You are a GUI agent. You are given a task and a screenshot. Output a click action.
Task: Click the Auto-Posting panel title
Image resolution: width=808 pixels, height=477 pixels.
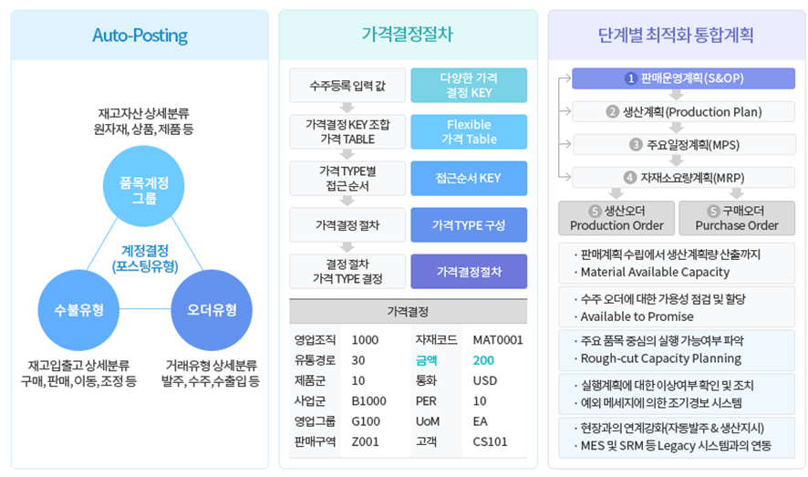pos(140,36)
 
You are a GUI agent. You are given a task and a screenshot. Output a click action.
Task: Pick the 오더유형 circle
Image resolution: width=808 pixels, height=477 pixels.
pos(212,309)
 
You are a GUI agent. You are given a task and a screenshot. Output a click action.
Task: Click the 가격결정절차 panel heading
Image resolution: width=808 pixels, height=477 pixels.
pos(407,36)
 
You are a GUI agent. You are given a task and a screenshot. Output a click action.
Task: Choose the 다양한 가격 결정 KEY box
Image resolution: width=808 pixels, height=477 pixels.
pos(469,85)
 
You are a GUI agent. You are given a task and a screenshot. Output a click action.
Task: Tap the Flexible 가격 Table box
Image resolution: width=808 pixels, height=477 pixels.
pos(469,131)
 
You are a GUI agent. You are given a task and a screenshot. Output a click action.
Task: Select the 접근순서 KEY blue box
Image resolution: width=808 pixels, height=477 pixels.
pos(469,178)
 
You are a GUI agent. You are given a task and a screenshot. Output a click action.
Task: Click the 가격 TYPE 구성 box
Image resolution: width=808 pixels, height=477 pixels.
pos(469,224)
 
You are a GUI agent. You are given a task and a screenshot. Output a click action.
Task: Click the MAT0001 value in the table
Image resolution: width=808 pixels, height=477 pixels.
pos(498,340)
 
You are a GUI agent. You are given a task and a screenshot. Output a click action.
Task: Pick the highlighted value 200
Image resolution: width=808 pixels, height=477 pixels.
pos(483,360)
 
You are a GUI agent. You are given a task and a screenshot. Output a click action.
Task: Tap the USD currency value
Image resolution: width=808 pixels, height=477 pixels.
pos(485,380)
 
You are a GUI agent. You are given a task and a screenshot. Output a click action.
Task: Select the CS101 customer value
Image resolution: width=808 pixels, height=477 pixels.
pos(490,441)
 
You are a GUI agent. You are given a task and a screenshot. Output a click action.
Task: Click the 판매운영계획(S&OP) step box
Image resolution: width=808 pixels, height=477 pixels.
pos(683,78)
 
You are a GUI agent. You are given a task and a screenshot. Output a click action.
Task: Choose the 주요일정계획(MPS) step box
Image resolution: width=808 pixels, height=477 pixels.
pos(683,144)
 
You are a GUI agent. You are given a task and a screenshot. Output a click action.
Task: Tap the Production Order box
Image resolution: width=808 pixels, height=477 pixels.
pos(616,218)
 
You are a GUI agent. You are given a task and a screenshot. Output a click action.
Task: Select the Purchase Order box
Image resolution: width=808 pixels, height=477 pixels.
pos(737,218)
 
